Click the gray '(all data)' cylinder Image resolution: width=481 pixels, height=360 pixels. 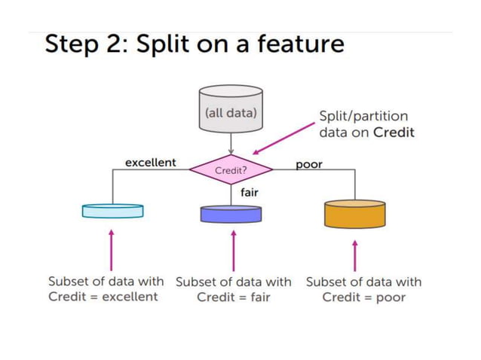pos(231,113)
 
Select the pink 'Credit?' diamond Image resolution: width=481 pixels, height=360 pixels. pos(231,170)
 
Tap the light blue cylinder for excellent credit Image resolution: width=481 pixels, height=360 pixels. pos(112,211)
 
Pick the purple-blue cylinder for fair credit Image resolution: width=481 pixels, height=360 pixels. pos(231,213)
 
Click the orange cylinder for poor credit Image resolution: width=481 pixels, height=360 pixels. pos(354,214)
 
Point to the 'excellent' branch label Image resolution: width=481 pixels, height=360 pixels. pos(150,162)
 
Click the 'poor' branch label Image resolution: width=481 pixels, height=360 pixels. pos(308,165)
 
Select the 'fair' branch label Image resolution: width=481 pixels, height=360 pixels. pos(249,193)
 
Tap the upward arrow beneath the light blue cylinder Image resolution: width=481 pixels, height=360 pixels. pos(112,250)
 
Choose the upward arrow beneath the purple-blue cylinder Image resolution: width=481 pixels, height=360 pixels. pos(233,250)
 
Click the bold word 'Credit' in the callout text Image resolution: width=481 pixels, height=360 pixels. pos(394,132)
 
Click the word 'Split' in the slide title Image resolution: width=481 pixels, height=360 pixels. pos(167,44)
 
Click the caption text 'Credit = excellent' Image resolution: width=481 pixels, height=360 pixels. pos(103,297)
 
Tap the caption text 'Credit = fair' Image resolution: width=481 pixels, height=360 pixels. pos(233,297)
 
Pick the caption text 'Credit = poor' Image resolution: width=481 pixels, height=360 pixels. pos(363,297)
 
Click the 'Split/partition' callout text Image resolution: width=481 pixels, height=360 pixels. pos(364,116)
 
